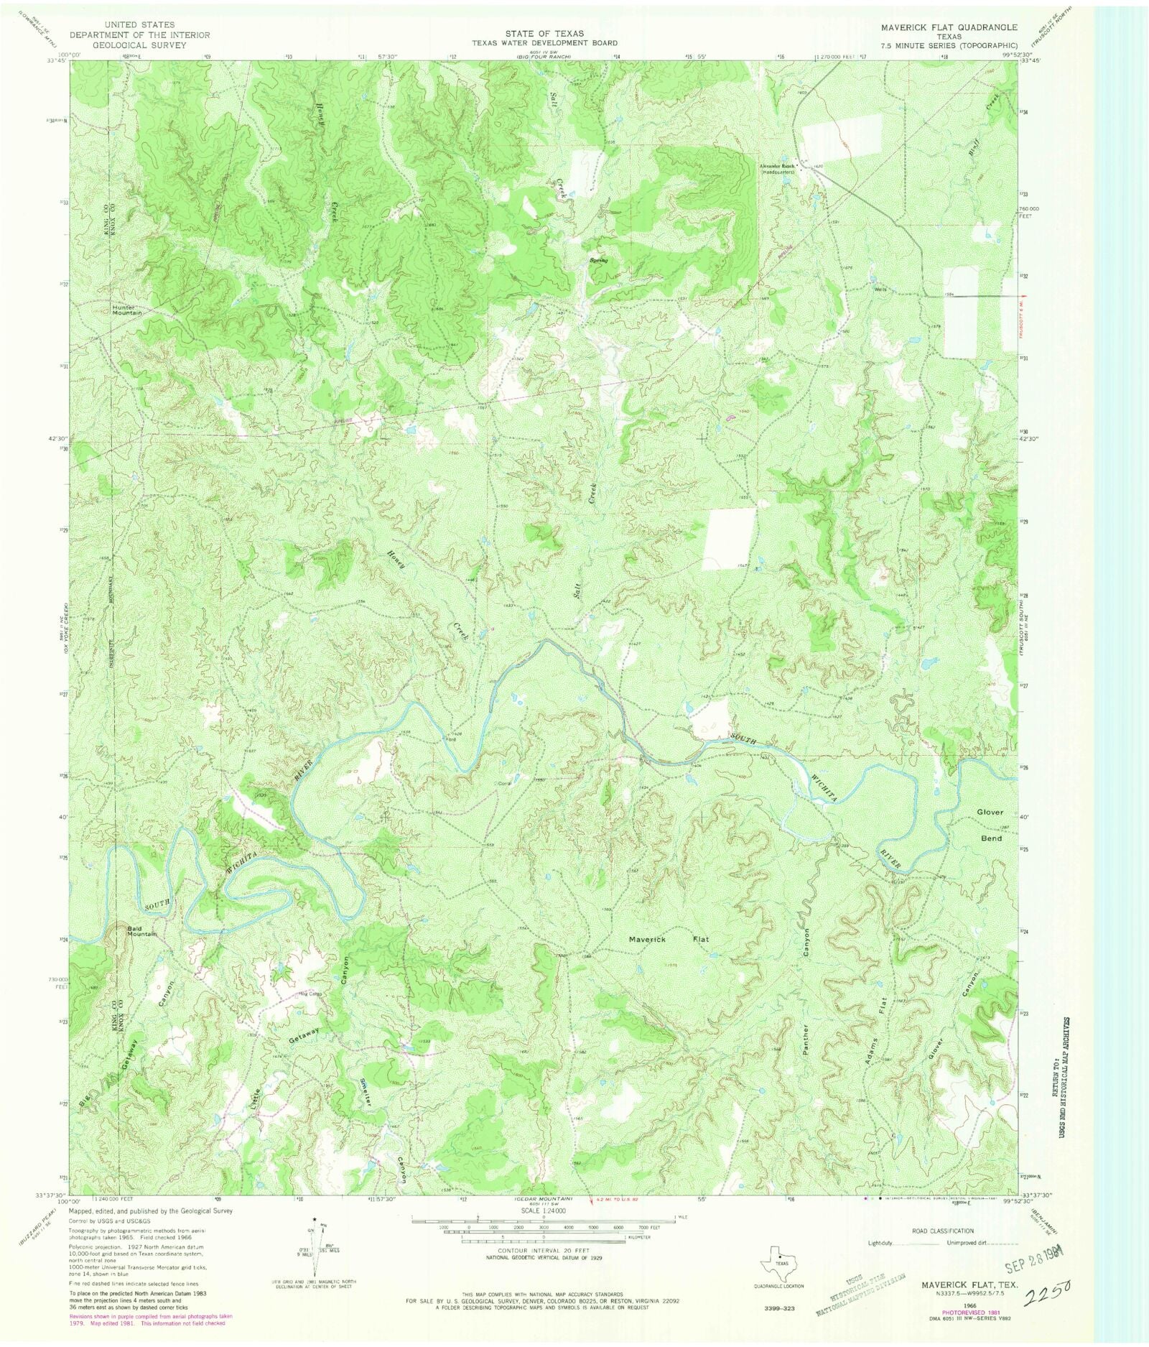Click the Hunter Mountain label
coord(127,310)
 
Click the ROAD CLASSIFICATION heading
coord(941,1231)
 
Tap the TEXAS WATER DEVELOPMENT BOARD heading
coord(544,43)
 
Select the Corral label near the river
coord(502,784)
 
